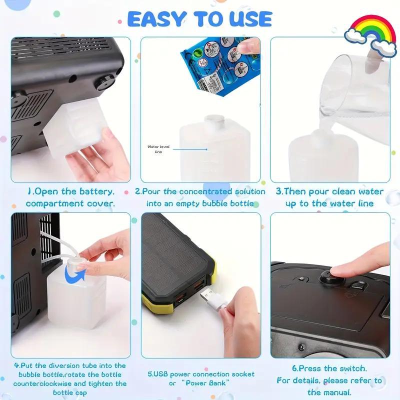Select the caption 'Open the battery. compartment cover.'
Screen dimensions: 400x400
click(x=70, y=197)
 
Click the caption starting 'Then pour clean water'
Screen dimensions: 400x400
click(x=330, y=197)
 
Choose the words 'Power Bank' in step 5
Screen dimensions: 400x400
click(x=207, y=383)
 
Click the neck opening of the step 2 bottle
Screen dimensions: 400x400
click(x=214, y=119)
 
